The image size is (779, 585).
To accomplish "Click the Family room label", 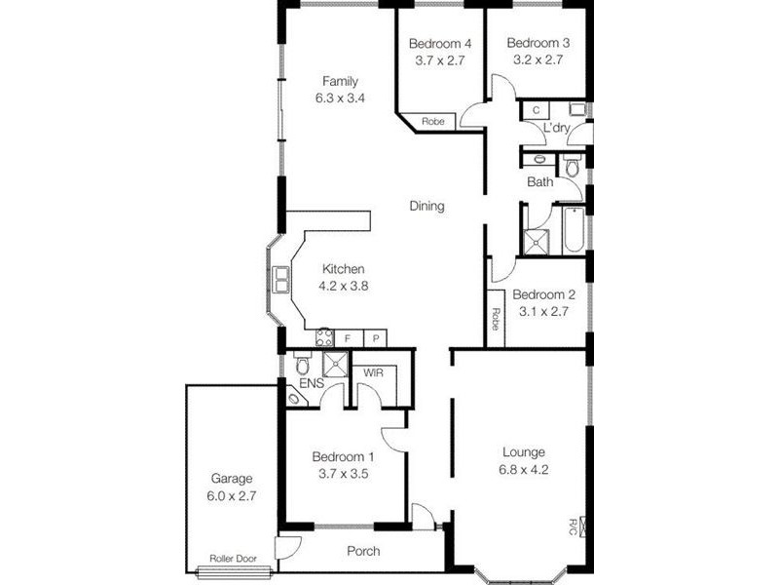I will [x=342, y=81].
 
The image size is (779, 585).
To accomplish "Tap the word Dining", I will [x=427, y=206].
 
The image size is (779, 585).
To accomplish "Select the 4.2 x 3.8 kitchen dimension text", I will [x=343, y=287].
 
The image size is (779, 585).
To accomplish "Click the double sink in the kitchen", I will [x=281, y=281].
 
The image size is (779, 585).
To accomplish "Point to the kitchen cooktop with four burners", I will [x=323, y=338].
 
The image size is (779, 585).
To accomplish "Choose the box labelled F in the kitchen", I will [x=348, y=338].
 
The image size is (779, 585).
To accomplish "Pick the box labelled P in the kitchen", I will [x=375, y=338].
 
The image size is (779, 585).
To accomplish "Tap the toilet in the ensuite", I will [x=302, y=366].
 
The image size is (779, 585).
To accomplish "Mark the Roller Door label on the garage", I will [x=232, y=560].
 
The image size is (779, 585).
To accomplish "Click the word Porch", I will [x=363, y=552].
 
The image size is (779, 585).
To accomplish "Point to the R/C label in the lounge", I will [x=574, y=526].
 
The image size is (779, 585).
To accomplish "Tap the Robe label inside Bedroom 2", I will [x=496, y=319].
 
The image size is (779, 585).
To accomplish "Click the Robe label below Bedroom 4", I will [x=433, y=122].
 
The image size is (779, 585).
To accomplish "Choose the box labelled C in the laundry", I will [x=537, y=111].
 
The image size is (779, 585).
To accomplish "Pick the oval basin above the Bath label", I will [x=538, y=158].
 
